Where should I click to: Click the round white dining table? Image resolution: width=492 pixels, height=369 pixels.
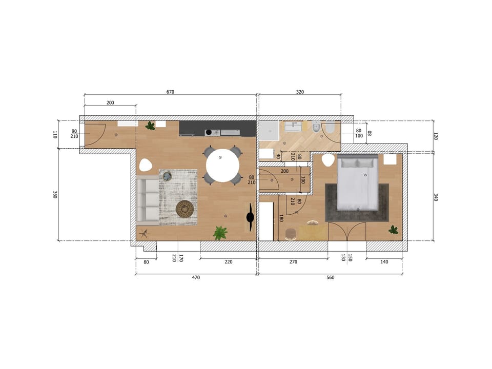[x=222, y=165]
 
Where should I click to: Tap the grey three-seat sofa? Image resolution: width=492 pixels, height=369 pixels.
[x=147, y=199]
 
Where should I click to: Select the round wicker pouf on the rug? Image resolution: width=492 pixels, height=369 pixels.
[x=185, y=208]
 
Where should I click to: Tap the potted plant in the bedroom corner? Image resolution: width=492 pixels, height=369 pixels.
[x=393, y=230]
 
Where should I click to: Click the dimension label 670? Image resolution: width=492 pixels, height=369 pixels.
[x=171, y=92]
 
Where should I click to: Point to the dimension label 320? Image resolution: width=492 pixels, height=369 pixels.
[x=300, y=92]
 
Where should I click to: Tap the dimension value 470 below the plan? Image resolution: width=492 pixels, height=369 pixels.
[x=196, y=277]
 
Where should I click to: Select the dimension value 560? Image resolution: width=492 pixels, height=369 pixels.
[x=330, y=277]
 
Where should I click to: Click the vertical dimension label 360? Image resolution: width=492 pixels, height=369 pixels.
[x=55, y=195]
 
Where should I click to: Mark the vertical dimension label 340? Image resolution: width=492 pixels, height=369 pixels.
[x=436, y=196]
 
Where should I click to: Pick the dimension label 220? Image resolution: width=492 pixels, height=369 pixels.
[x=228, y=262]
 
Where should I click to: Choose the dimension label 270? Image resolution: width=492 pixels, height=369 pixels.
[x=293, y=262]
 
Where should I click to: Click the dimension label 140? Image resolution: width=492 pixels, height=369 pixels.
[x=384, y=262]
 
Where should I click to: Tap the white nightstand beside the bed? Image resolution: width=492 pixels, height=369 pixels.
[x=391, y=159]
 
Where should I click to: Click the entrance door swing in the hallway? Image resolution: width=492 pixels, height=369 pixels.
[x=95, y=134]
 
